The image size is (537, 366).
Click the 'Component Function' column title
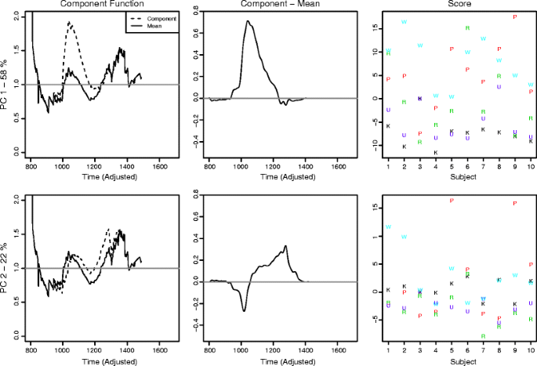point(94,5)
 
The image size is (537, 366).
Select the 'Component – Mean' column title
point(274,5)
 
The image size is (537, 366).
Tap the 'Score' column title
point(452,5)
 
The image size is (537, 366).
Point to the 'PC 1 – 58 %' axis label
point(5,85)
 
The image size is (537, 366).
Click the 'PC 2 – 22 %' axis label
point(5,269)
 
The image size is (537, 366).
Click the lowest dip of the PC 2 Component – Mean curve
point(244,311)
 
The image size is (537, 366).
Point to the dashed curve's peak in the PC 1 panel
point(69,23)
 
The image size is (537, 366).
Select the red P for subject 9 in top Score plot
point(515,16)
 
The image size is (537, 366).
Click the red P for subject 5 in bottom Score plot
point(452,201)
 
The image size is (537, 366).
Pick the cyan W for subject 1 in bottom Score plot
point(388,227)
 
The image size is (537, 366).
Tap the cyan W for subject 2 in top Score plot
point(404,22)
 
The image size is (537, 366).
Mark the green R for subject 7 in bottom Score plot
point(483,336)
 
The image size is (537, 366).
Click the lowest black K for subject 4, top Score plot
point(435,152)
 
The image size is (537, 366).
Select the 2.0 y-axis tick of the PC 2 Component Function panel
point(16,199)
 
